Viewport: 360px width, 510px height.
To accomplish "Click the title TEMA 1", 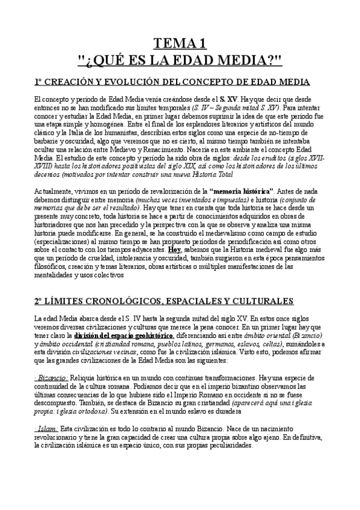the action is pyautogui.click(x=180, y=43).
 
